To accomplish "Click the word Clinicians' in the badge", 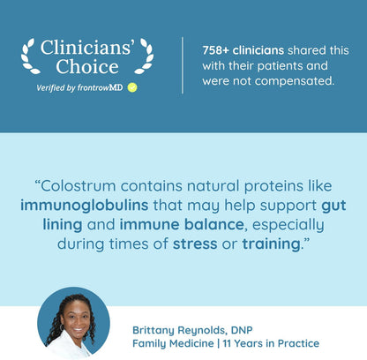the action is [x=87, y=47].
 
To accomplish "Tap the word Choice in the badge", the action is [x=87, y=66].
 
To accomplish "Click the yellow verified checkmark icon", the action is [x=132, y=87].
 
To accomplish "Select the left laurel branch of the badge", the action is [x=29, y=56].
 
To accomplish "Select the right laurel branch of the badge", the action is [x=145, y=56].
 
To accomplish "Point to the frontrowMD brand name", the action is [x=100, y=87].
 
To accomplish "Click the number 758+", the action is [x=215, y=50].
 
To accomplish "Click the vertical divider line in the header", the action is [x=183, y=65].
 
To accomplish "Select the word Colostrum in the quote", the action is [x=78, y=186].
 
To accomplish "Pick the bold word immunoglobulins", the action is [x=85, y=205].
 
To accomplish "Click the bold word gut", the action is [x=333, y=206].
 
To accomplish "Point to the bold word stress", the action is [x=195, y=244].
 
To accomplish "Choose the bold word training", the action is [x=271, y=244].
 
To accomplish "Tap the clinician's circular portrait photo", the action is [x=73, y=324].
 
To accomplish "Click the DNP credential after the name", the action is [x=242, y=330].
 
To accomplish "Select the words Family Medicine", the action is [x=173, y=343].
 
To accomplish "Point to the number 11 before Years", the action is [x=227, y=343].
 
